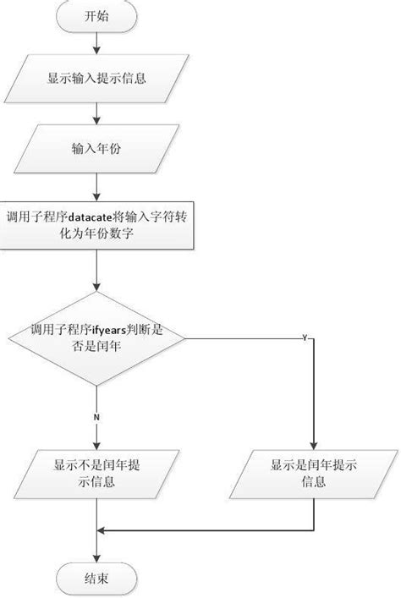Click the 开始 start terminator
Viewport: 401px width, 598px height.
(x=97, y=16)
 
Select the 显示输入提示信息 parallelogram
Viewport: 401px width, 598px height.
(x=97, y=79)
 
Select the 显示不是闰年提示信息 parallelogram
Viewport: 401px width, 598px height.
(x=97, y=473)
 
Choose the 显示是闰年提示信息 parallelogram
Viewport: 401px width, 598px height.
(x=314, y=473)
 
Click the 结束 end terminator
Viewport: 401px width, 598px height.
(x=97, y=579)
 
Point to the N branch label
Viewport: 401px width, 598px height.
(x=97, y=416)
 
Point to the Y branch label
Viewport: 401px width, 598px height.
(x=304, y=337)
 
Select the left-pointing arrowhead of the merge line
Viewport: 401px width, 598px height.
(x=104, y=531)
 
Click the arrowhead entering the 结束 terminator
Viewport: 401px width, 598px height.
(x=97, y=559)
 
